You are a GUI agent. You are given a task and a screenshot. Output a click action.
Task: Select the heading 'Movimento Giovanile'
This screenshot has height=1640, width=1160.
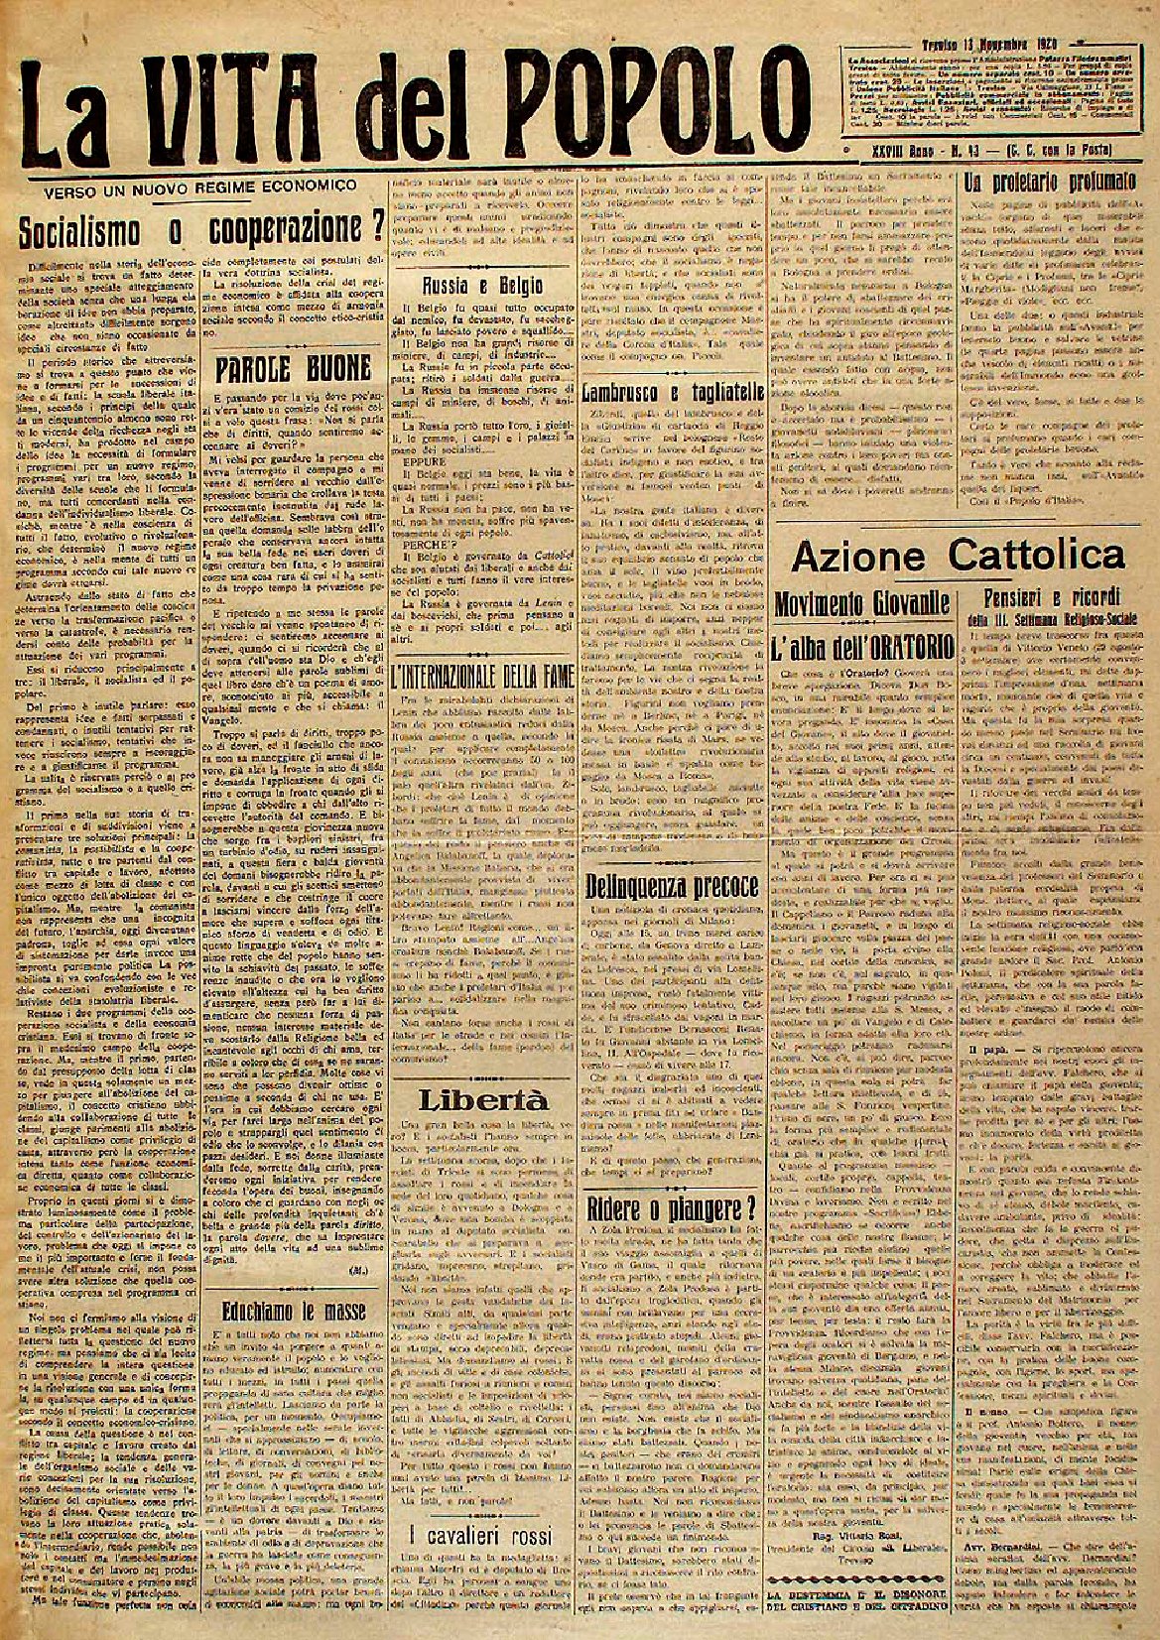click(861, 600)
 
